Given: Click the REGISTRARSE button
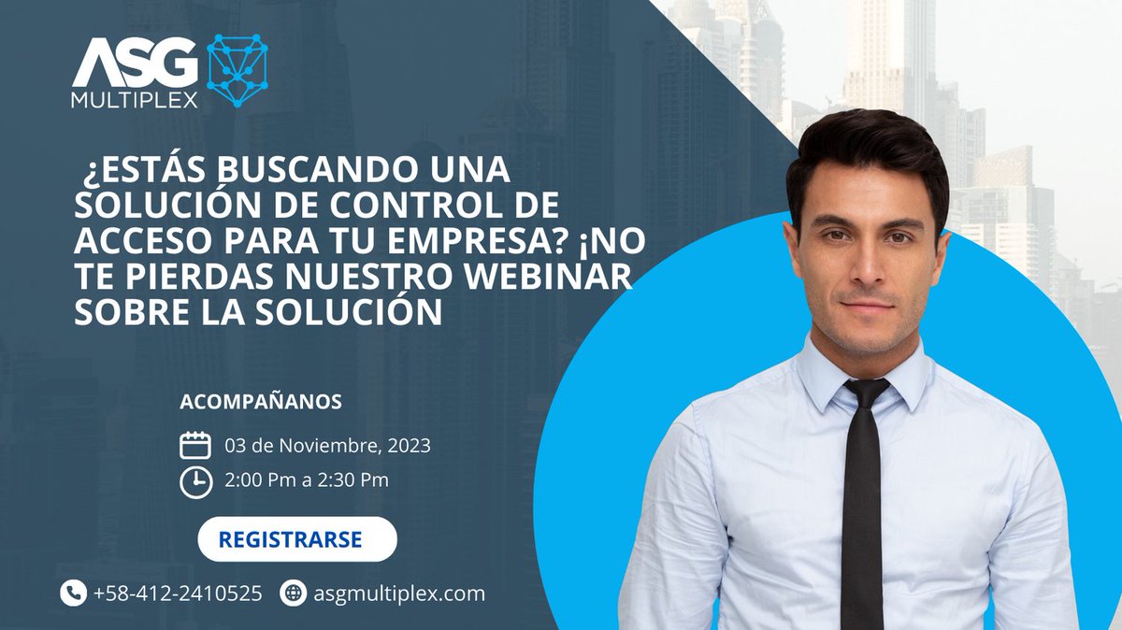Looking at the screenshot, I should (297, 539).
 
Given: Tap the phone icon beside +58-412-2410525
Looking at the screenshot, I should (73, 593).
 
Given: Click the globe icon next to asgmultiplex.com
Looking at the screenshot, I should (294, 593).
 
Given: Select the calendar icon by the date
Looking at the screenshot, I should (194, 445).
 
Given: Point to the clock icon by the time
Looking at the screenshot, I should (194, 480).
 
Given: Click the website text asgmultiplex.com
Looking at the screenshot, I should (398, 593).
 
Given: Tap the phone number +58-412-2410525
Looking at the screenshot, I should (178, 593).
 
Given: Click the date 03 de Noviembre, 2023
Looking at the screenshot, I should (327, 446).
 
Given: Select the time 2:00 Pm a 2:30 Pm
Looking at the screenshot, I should (307, 480).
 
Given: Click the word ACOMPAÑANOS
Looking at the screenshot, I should (260, 402).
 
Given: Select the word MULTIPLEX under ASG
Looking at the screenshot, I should (135, 100).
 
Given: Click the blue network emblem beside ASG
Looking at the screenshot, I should (237, 71).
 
